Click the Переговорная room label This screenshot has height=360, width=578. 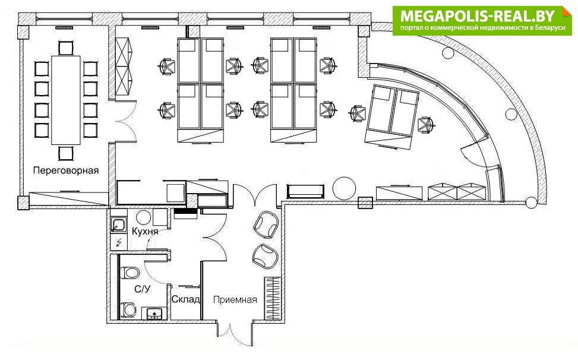[66, 170]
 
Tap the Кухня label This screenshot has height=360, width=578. [145, 232]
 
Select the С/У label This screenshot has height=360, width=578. [143, 289]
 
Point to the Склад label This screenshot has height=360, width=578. [186, 299]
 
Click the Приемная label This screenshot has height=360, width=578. [235, 299]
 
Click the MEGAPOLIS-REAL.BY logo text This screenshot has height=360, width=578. [477, 16]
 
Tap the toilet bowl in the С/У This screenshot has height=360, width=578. [130, 273]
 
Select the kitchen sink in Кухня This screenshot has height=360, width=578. [118, 225]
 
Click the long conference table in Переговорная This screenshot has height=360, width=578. [65, 100]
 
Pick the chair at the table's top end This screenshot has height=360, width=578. [65, 48]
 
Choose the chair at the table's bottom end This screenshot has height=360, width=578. [65, 153]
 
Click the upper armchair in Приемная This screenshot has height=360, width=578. [265, 224]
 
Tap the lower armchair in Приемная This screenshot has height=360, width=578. [264, 255]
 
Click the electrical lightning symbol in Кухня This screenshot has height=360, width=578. [119, 242]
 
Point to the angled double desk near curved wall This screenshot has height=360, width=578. [391, 117]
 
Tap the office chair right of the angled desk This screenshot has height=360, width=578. [426, 125]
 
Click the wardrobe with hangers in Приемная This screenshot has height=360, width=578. [272, 298]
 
